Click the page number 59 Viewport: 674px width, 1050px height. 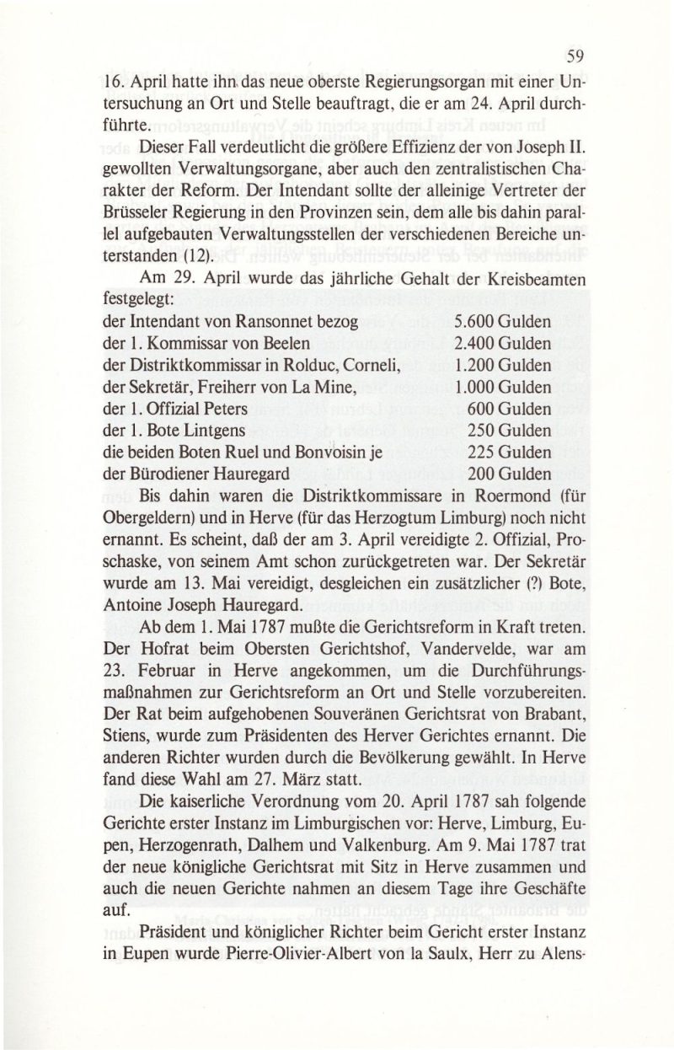[575, 58]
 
